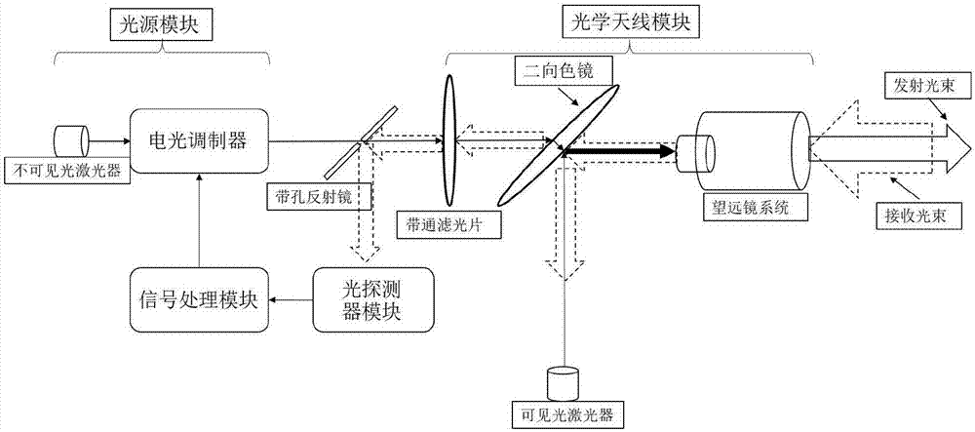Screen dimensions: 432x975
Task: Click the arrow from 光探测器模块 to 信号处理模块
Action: tap(291, 299)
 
